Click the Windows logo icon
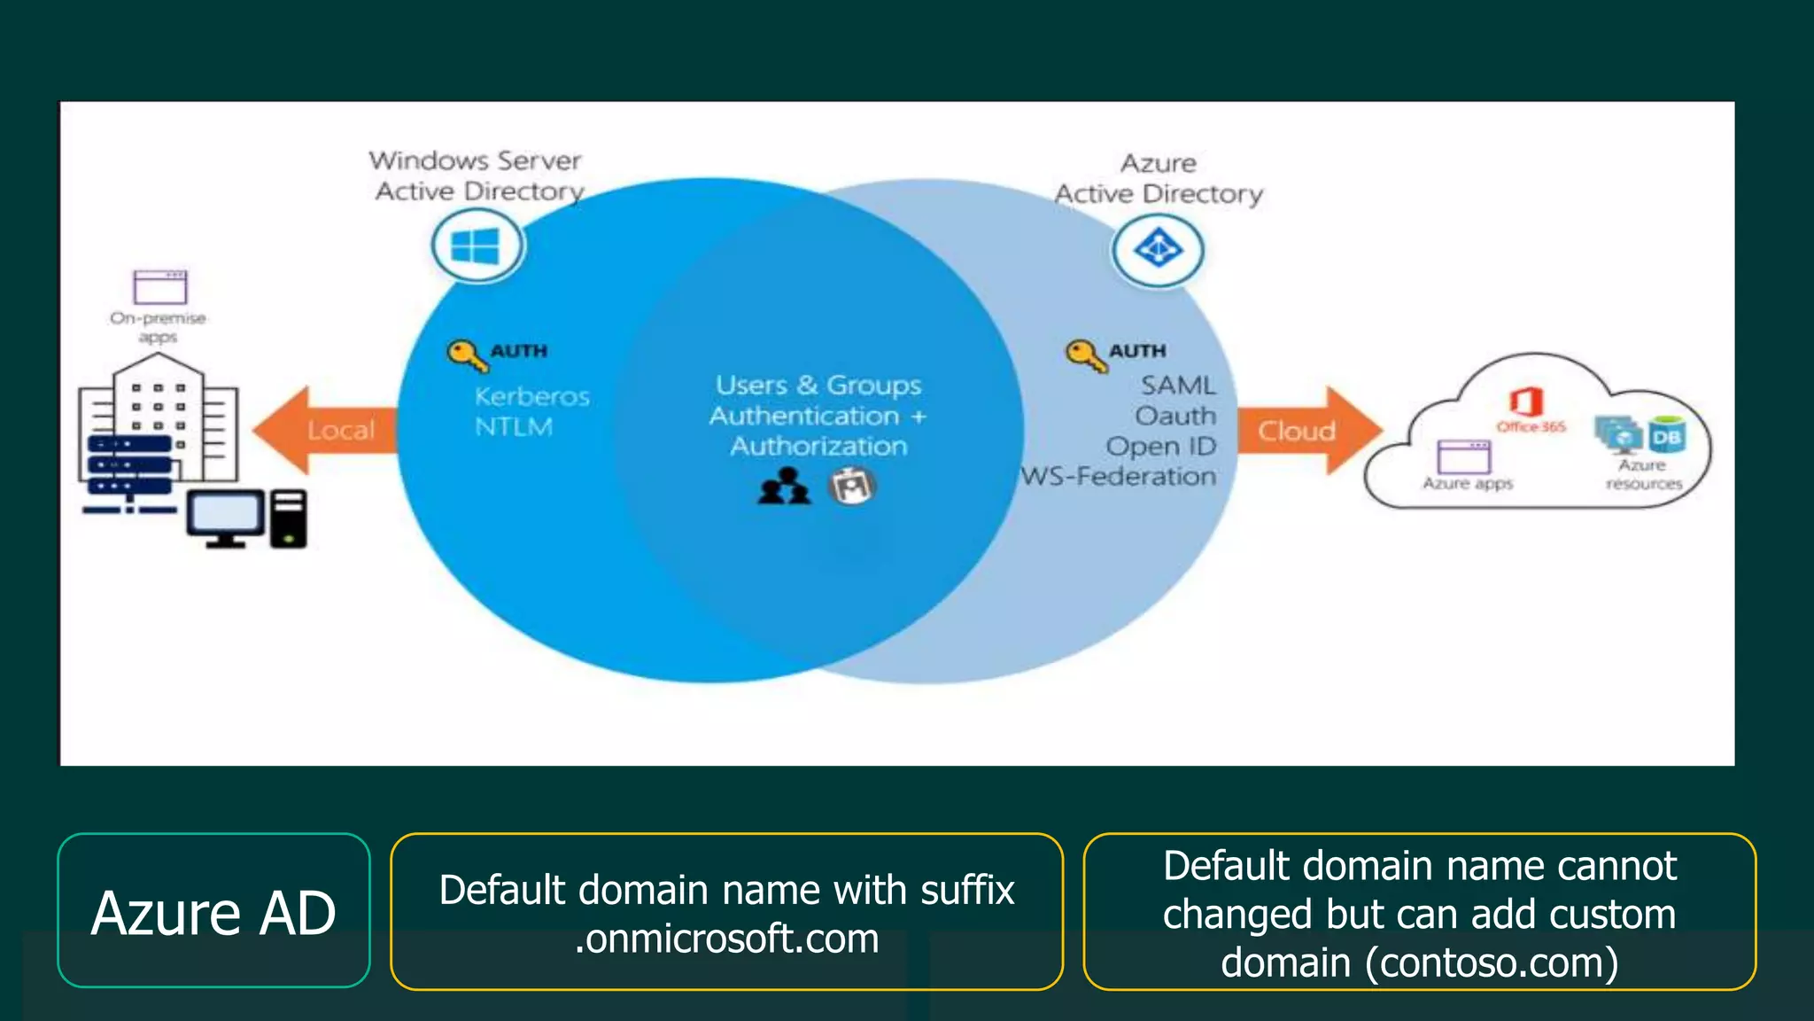tap(476, 246)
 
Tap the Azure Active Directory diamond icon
tap(1158, 249)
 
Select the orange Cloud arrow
tap(1308, 431)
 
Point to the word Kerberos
tap(531, 396)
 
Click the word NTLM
tap(514, 427)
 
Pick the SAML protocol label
tap(1177, 386)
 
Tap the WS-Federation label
tap(1119, 477)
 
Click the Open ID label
tap(1160, 446)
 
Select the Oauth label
tap(1175, 416)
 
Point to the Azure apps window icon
tap(1463, 457)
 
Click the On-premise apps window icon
tap(159, 287)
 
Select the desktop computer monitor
tap(225, 518)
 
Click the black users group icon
tap(784, 486)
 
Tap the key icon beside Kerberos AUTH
tap(466, 355)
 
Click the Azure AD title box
tap(213, 911)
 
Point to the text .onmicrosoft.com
tap(726, 939)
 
